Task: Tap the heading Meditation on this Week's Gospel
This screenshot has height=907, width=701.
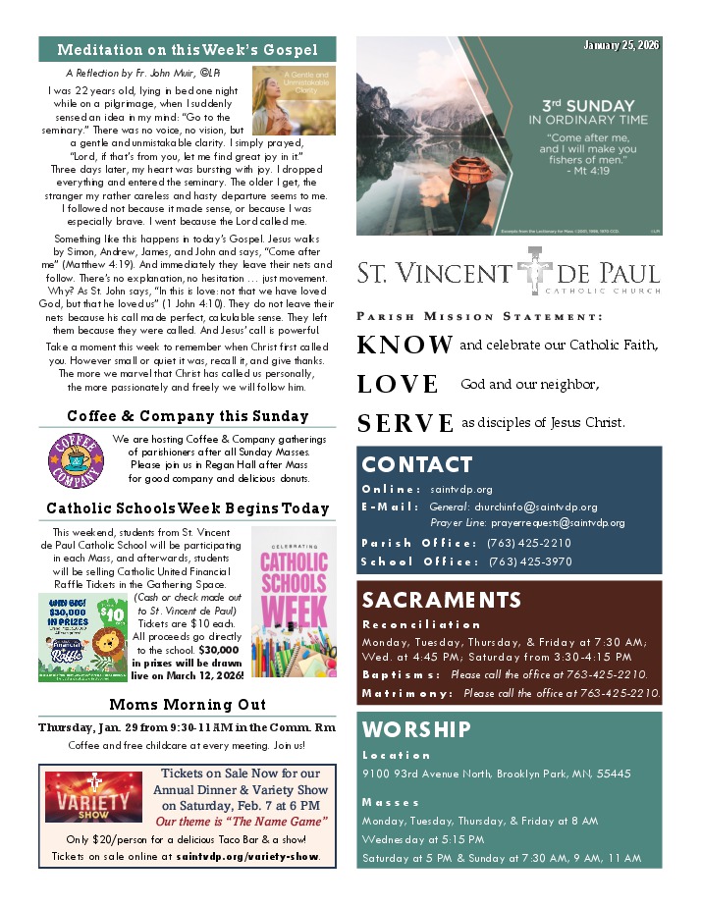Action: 188,50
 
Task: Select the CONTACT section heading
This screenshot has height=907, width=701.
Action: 417,464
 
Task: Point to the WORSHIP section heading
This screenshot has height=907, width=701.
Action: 416,729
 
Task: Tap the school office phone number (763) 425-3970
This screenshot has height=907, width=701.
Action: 529,561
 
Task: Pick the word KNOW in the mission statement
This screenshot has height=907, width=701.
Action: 404,346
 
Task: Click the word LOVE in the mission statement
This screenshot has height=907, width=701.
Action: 398,384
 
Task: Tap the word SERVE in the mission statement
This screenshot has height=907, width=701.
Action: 404,423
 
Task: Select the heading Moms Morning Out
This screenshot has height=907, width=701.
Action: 188,705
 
